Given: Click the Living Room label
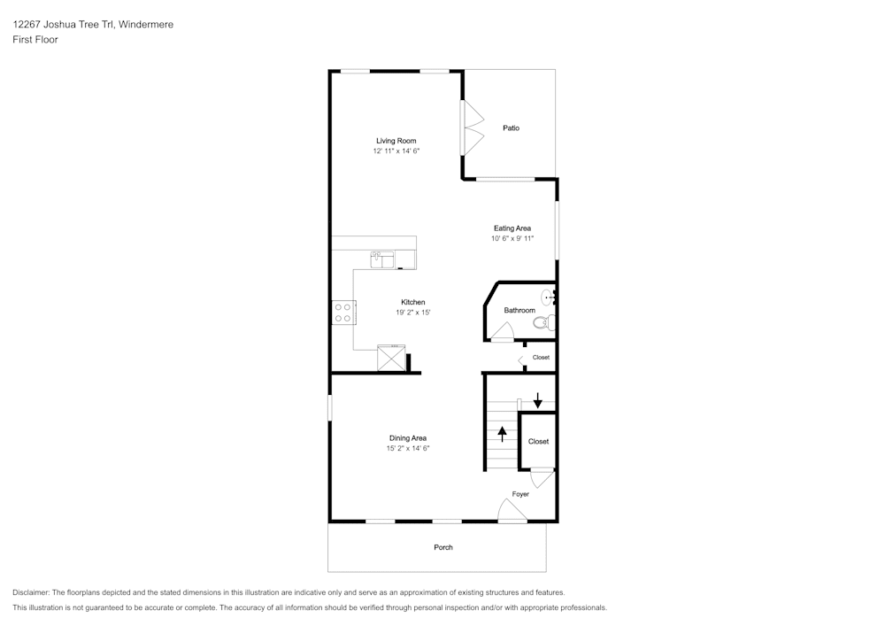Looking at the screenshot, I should [396, 141].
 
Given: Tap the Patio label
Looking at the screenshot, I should [511, 128].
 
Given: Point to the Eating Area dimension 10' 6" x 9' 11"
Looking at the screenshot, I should [512, 239].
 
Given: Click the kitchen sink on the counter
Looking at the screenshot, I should [382, 259].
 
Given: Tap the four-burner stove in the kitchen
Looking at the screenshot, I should [343, 312].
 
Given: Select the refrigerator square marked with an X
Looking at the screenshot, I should [390, 359].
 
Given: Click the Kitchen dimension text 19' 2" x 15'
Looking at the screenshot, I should [412, 313].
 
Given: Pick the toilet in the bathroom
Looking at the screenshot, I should [545, 322].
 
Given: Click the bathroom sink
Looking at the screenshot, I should [548, 298].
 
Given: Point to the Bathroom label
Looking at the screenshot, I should [519, 311].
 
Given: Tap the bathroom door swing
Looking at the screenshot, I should [504, 333].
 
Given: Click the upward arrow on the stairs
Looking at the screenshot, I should [503, 434].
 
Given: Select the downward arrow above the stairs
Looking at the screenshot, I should [537, 400].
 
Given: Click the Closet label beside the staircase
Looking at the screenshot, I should [538, 441].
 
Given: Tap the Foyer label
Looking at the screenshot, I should [520, 494].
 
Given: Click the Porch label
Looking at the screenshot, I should [443, 547].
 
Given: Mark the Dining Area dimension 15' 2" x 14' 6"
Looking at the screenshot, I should [407, 449].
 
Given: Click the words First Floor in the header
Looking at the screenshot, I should [35, 40].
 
